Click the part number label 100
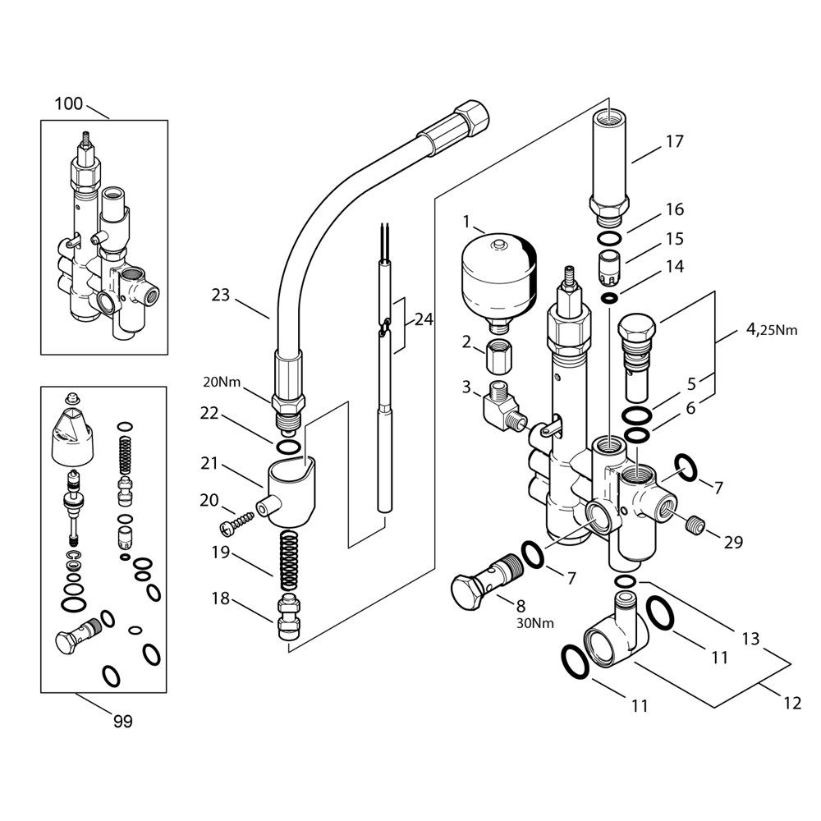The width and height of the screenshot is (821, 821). pos(69,104)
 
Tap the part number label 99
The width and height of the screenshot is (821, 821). pos(122,722)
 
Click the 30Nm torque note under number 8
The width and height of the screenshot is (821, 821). pos(534,622)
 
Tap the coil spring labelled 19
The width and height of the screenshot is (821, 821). pos(288,561)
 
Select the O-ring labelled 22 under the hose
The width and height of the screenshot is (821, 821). pos(287,447)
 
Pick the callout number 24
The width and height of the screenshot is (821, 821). pos(424,319)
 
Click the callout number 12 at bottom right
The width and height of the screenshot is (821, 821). pos(792,703)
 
